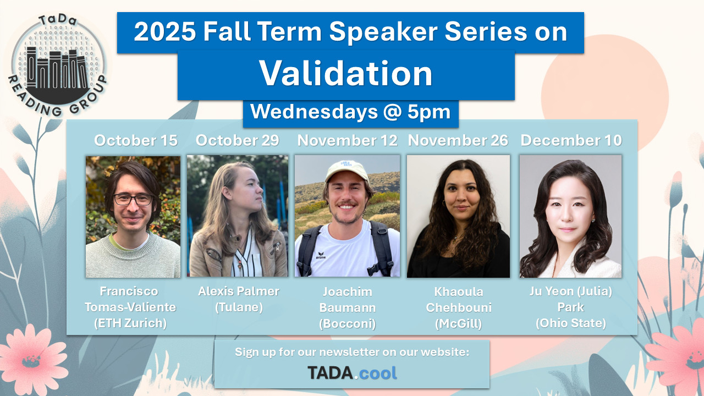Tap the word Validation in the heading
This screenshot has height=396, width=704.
(346, 73)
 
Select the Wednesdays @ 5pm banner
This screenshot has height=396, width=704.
(351, 112)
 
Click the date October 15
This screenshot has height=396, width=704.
(136, 140)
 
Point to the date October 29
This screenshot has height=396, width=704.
(237, 140)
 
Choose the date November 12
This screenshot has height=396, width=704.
(347, 140)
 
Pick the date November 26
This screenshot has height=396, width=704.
(458, 140)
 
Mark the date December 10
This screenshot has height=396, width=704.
(571, 140)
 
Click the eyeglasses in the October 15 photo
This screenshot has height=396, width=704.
(133, 200)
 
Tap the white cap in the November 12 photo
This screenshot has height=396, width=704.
(347, 170)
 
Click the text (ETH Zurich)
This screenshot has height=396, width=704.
(130, 323)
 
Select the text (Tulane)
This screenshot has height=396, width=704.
(239, 307)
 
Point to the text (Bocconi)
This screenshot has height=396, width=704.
(347, 324)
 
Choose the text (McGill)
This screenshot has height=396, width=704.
(459, 324)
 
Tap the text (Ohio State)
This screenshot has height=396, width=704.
(571, 323)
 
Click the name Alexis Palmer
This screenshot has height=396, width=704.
(239, 291)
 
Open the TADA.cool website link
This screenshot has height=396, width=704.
(352, 373)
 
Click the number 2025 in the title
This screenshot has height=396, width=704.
(165, 32)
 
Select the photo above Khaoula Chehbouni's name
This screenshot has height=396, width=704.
(458, 216)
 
